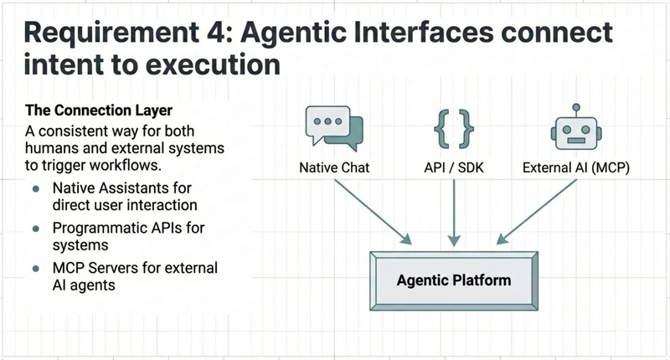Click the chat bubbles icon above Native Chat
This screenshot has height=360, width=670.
click(x=334, y=127)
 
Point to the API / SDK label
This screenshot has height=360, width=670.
click(x=452, y=167)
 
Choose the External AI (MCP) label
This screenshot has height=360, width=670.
click(x=577, y=167)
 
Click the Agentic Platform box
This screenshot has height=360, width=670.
click(x=453, y=279)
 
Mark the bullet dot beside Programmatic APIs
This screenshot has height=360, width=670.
click(x=36, y=228)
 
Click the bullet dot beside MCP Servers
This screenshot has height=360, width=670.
click(x=36, y=268)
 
